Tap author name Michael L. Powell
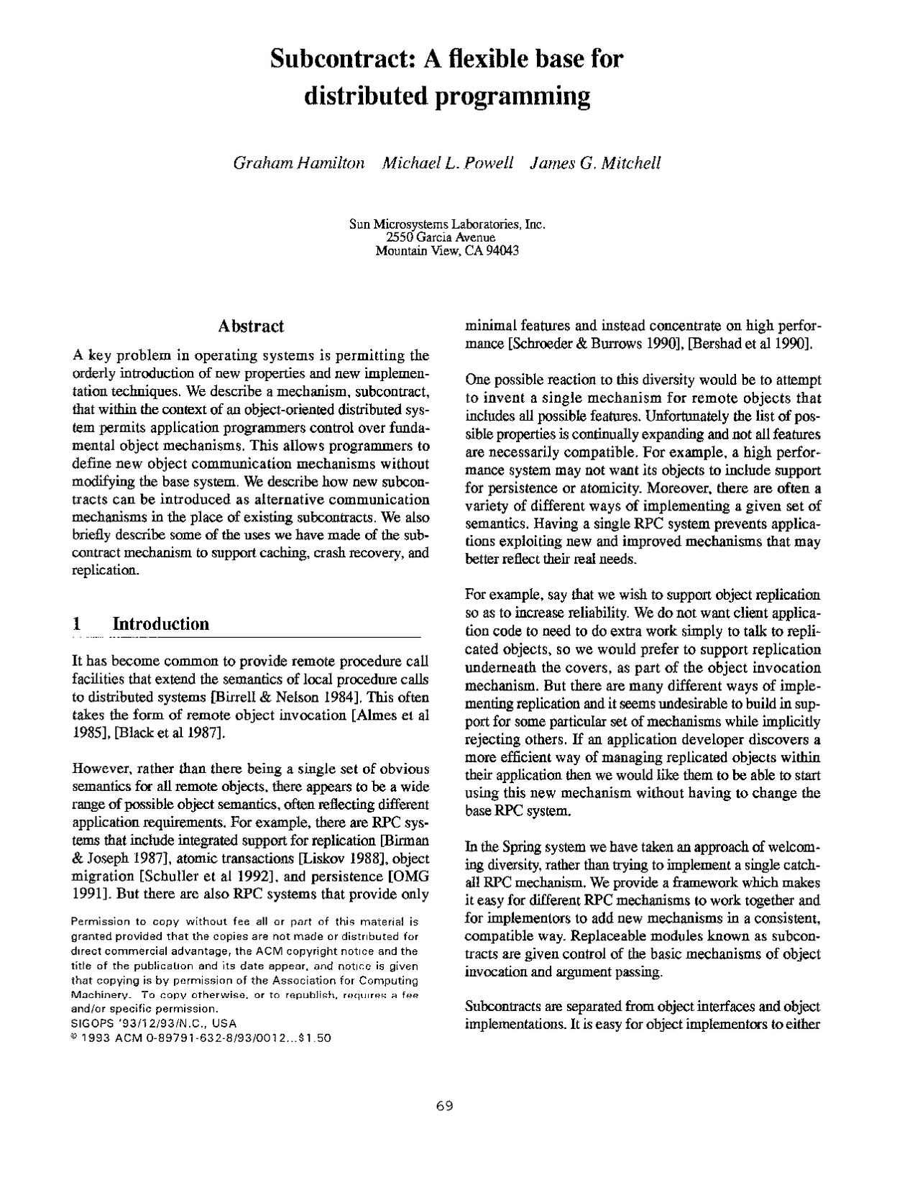(447, 163)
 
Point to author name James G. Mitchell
(594, 163)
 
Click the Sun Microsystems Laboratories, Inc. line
(447, 224)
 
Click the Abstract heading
(250, 326)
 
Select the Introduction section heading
(161, 623)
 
